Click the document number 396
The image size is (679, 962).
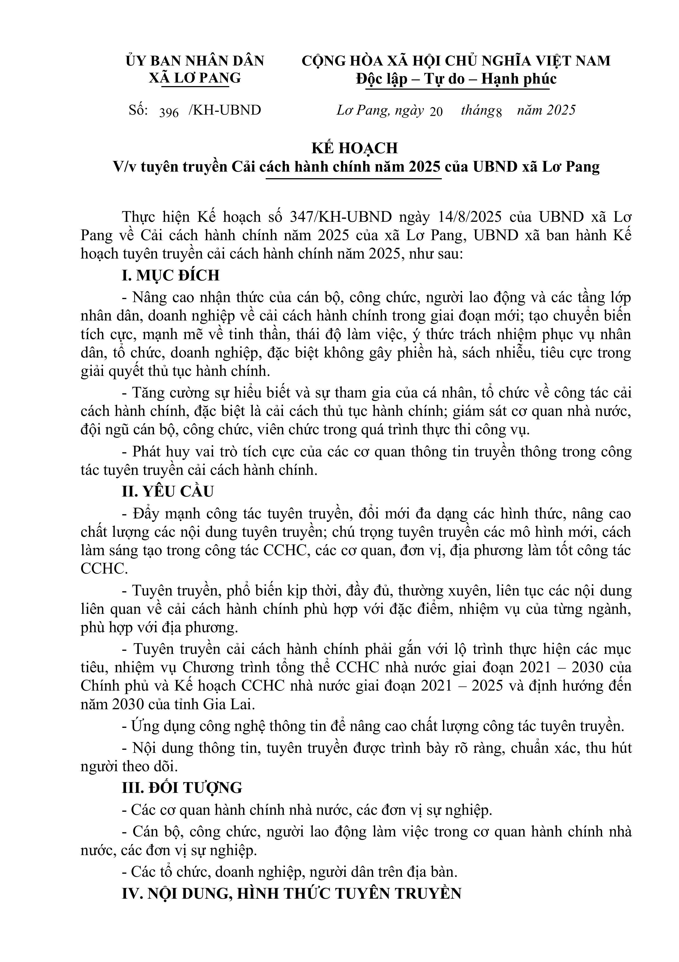(169, 112)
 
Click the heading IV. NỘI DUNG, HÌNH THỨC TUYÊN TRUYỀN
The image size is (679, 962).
(291, 894)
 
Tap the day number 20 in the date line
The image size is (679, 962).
(436, 112)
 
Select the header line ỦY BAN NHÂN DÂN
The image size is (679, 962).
(195, 61)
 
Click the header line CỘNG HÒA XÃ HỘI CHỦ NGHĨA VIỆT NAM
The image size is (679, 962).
(456, 61)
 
